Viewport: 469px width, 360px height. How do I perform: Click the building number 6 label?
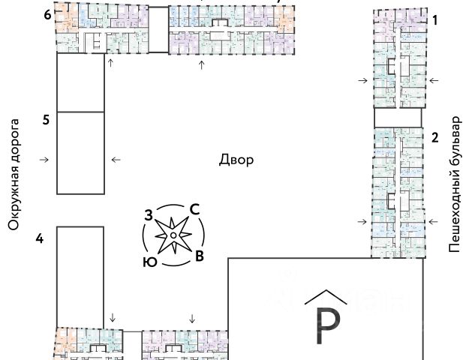pyautogui.click(x=47, y=14)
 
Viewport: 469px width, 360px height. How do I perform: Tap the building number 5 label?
pyautogui.click(x=47, y=119)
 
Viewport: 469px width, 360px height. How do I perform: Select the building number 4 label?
pyautogui.click(x=41, y=238)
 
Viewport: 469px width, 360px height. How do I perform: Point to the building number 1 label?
pyautogui.click(x=434, y=22)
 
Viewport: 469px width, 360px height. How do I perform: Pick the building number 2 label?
pyautogui.click(x=434, y=136)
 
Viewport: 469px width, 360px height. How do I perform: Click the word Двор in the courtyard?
pyautogui.click(x=236, y=160)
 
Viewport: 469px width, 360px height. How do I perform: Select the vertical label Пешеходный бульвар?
pyautogui.click(x=454, y=184)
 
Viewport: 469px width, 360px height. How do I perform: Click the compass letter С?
pyautogui.click(x=194, y=210)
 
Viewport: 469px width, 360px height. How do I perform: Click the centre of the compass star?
pyautogui.click(x=173, y=236)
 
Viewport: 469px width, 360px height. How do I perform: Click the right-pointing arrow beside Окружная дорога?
pyautogui.click(x=44, y=160)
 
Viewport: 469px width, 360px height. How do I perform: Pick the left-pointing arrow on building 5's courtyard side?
pyautogui.click(x=115, y=160)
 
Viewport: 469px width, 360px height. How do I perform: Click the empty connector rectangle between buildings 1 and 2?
pyautogui.click(x=398, y=116)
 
